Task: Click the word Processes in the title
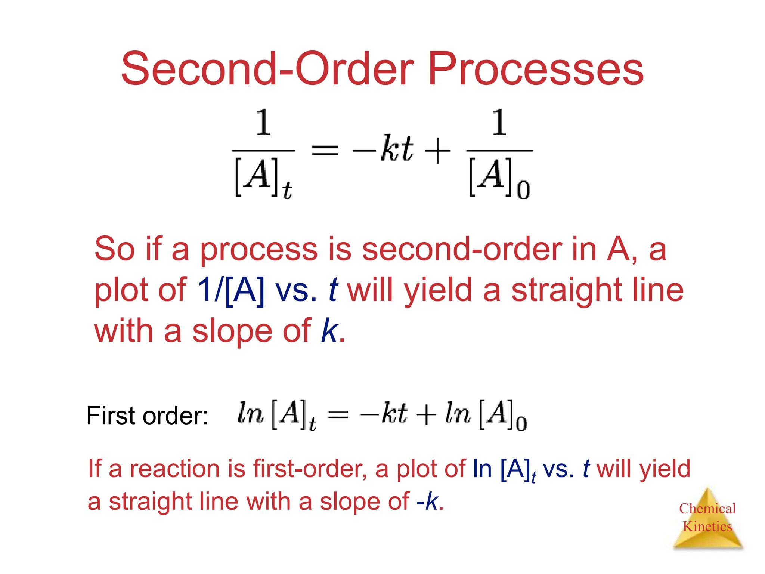coord(536,69)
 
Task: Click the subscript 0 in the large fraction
coord(523,189)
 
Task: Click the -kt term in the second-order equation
coord(382,149)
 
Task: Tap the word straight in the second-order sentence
coord(566,290)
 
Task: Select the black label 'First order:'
coord(147,416)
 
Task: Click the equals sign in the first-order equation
coord(338,414)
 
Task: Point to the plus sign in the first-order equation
coord(426,414)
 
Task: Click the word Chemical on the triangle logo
coord(707,509)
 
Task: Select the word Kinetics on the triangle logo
coord(707,527)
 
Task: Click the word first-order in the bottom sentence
coord(310,469)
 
